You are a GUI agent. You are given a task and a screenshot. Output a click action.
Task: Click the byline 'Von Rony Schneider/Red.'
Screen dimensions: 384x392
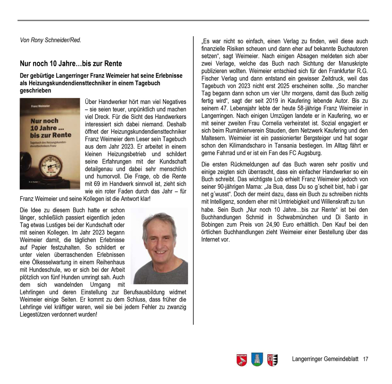pyautogui.click(x=51, y=40)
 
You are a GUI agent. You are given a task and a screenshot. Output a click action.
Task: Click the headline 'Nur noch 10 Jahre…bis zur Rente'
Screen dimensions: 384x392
pyautogui.click(x=71, y=64)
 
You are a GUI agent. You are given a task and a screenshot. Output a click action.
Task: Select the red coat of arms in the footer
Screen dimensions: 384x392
pyautogui.click(x=242, y=360)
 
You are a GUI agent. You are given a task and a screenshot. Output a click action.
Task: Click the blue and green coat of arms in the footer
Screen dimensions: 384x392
pyautogui.click(x=257, y=360)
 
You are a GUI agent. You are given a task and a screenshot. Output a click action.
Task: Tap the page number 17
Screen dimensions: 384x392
pyautogui.click(x=365, y=359)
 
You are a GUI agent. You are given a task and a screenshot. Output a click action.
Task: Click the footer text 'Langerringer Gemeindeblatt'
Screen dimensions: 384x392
pyautogui.click(x=325, y=359)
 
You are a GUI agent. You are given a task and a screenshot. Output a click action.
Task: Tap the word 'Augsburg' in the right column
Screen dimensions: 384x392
pyautogui.click(x=309, y=153)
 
